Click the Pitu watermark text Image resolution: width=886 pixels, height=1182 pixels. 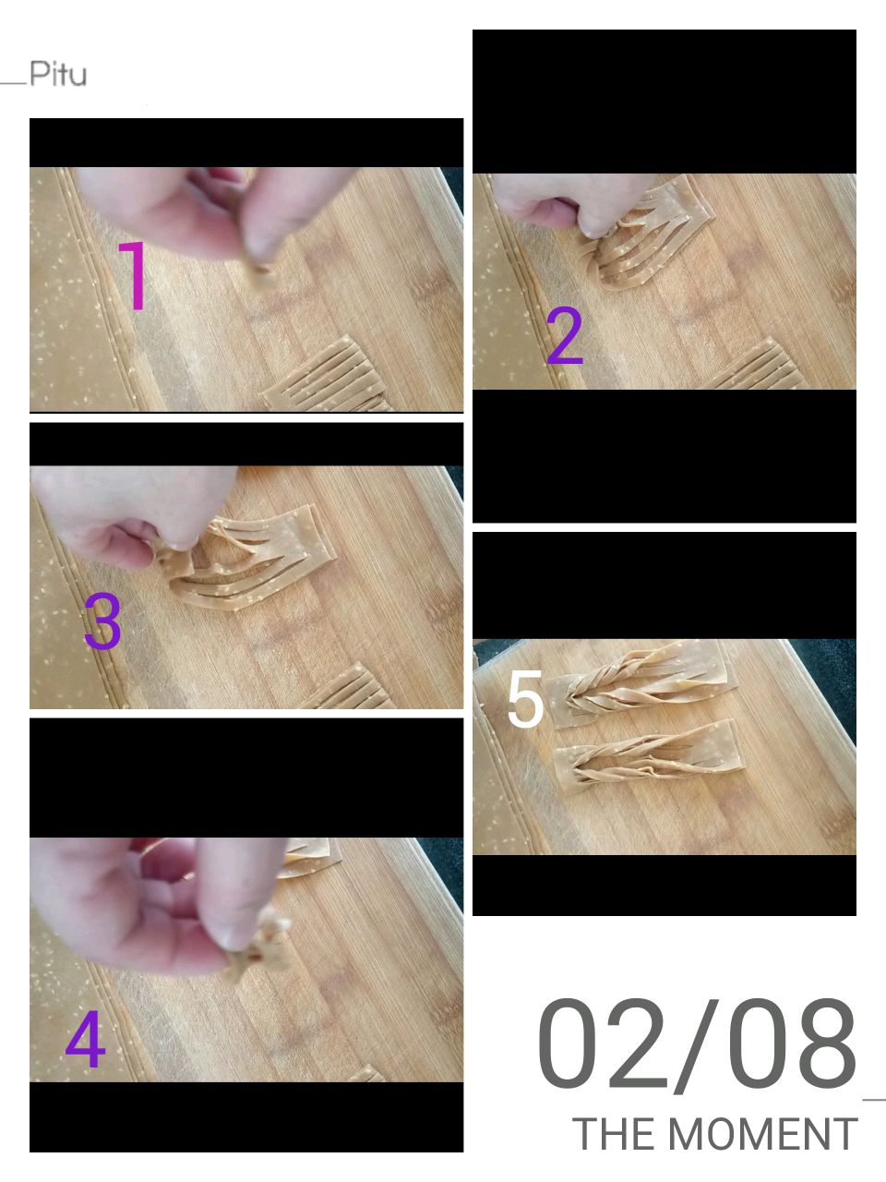(58, 74)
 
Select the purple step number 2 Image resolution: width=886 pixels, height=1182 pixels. (564, 336)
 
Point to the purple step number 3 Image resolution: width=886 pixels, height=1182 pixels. (102, 621)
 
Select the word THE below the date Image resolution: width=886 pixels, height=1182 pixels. (616, 1134)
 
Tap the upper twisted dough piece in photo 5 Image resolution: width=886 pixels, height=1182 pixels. (641, 684)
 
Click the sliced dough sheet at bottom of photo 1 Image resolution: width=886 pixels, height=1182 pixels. (326, 377)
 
